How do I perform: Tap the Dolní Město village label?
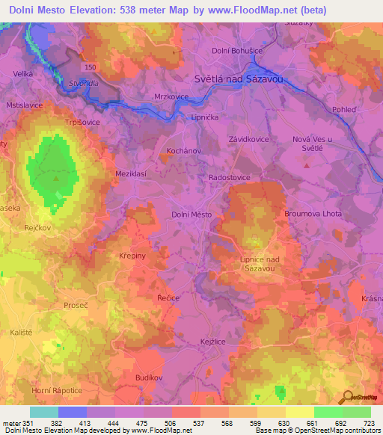(x=191, y=215)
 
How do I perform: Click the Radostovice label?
(x=229, y=177)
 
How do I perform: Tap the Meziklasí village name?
(x=130, y=173)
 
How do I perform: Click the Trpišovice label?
(x=82, y=122)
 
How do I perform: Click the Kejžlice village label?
(x=213, y=340)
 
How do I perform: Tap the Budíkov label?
(x=150, y=378)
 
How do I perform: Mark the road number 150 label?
(x=91, y=68)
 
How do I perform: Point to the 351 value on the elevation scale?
(x=29, y=423)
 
